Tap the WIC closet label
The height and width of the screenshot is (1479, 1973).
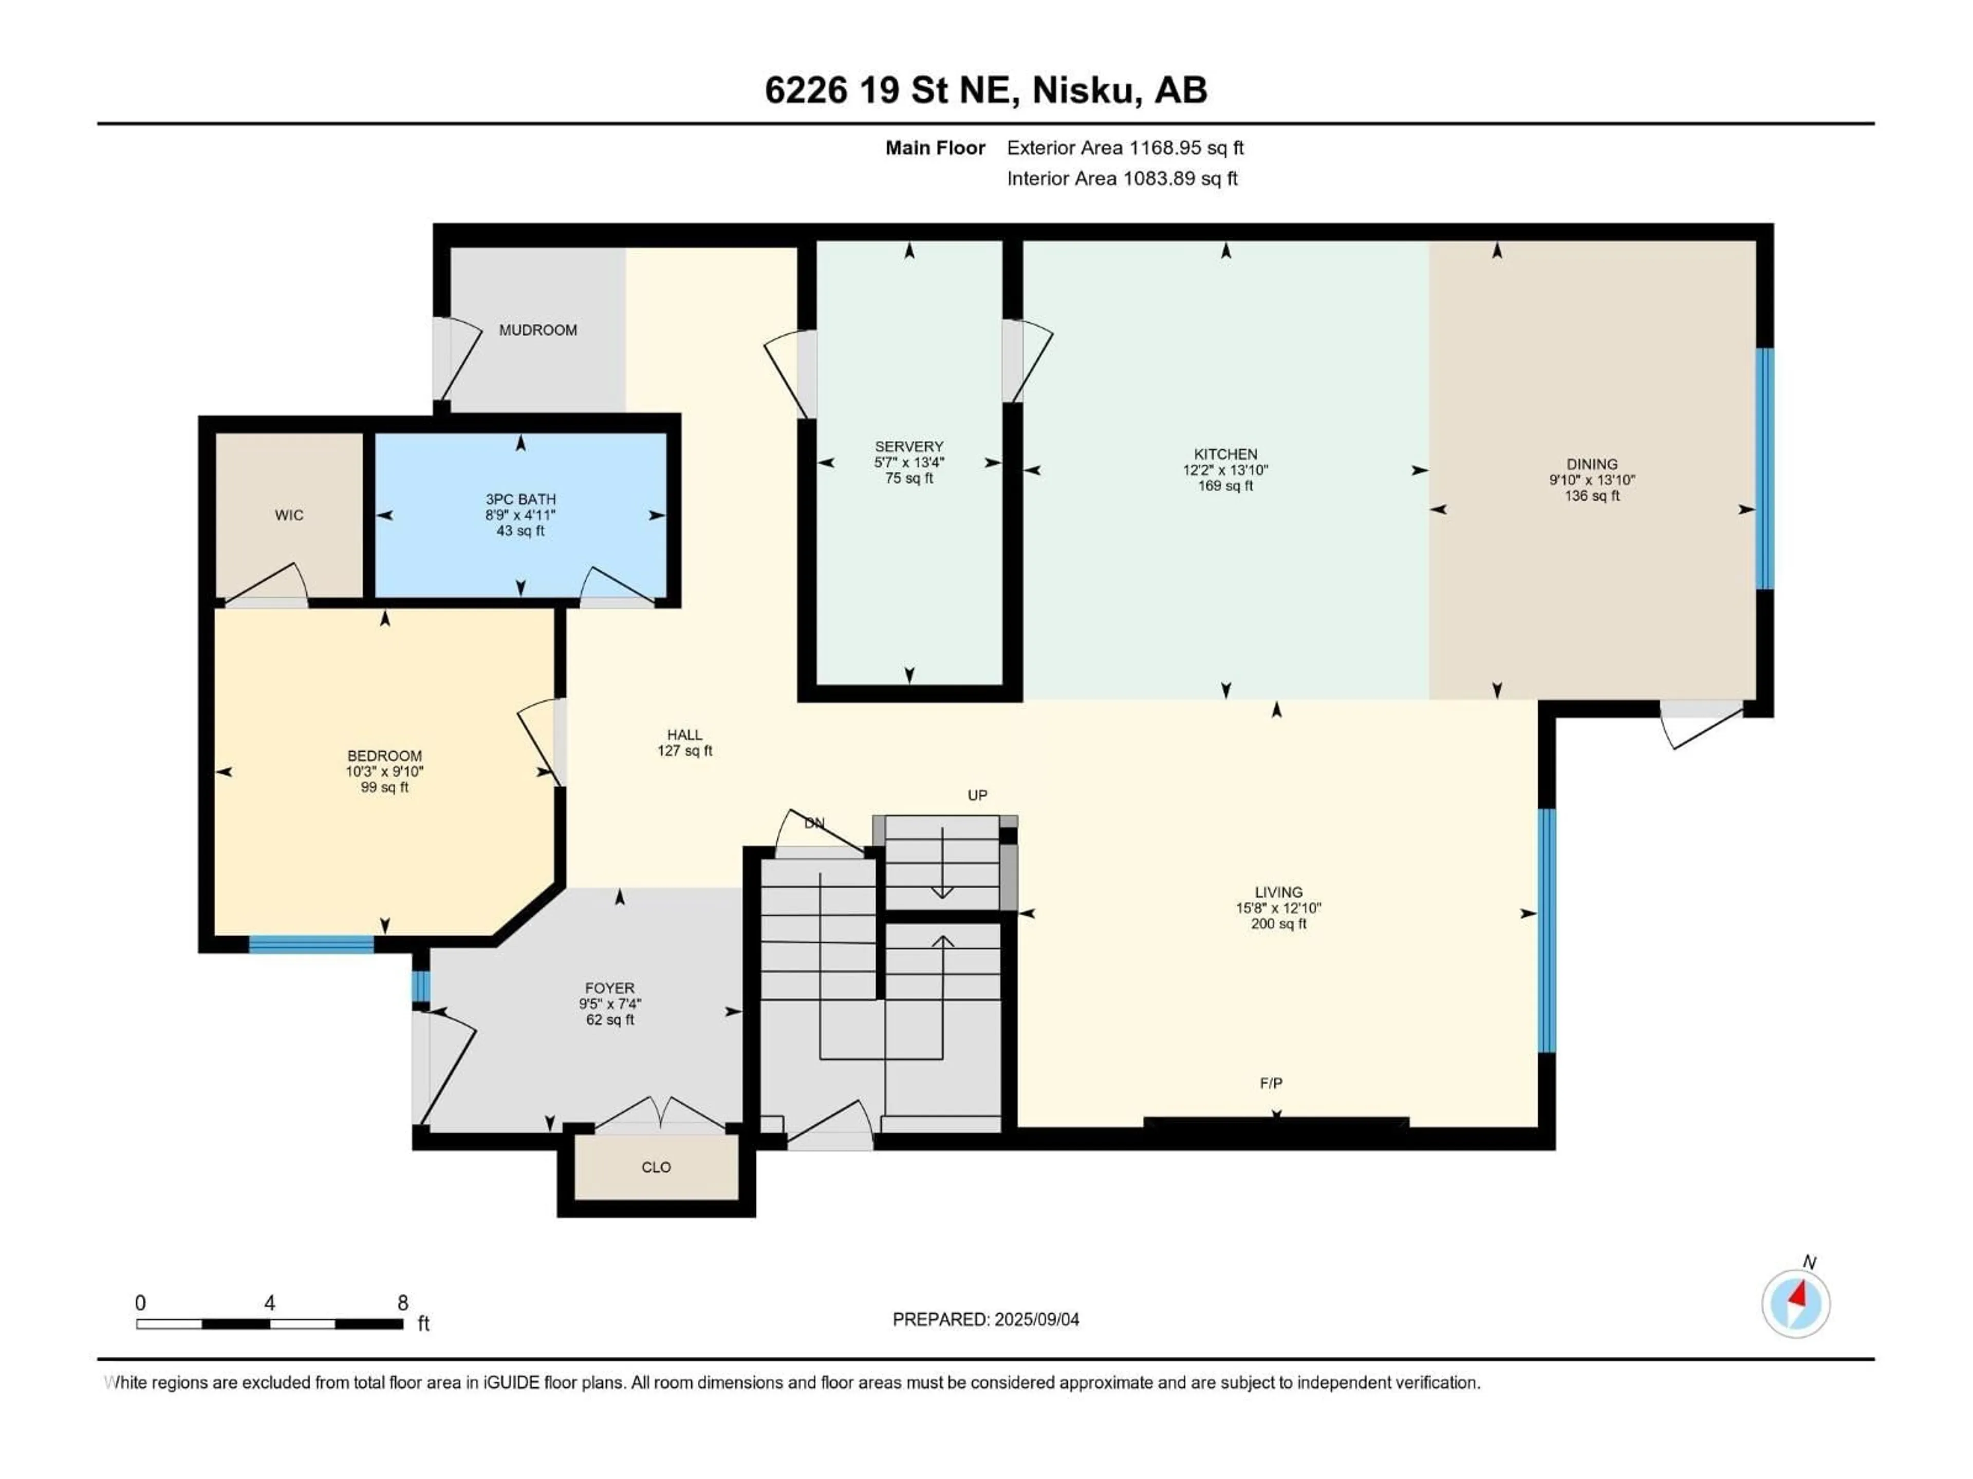[289, 515]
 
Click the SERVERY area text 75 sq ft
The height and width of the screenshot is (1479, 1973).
[909, 479]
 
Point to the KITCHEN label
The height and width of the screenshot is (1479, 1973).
[1225, 454]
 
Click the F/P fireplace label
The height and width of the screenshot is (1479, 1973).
[1271, 1083]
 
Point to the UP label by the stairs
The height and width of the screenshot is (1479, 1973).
[978, 795]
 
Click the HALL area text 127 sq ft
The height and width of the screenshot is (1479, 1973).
[684, 751]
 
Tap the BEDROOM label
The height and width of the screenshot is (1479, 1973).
[384, 755]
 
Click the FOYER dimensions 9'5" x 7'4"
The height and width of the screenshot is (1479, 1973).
[609, 1004]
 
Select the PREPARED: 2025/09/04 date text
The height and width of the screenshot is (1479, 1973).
[985, 1319]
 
